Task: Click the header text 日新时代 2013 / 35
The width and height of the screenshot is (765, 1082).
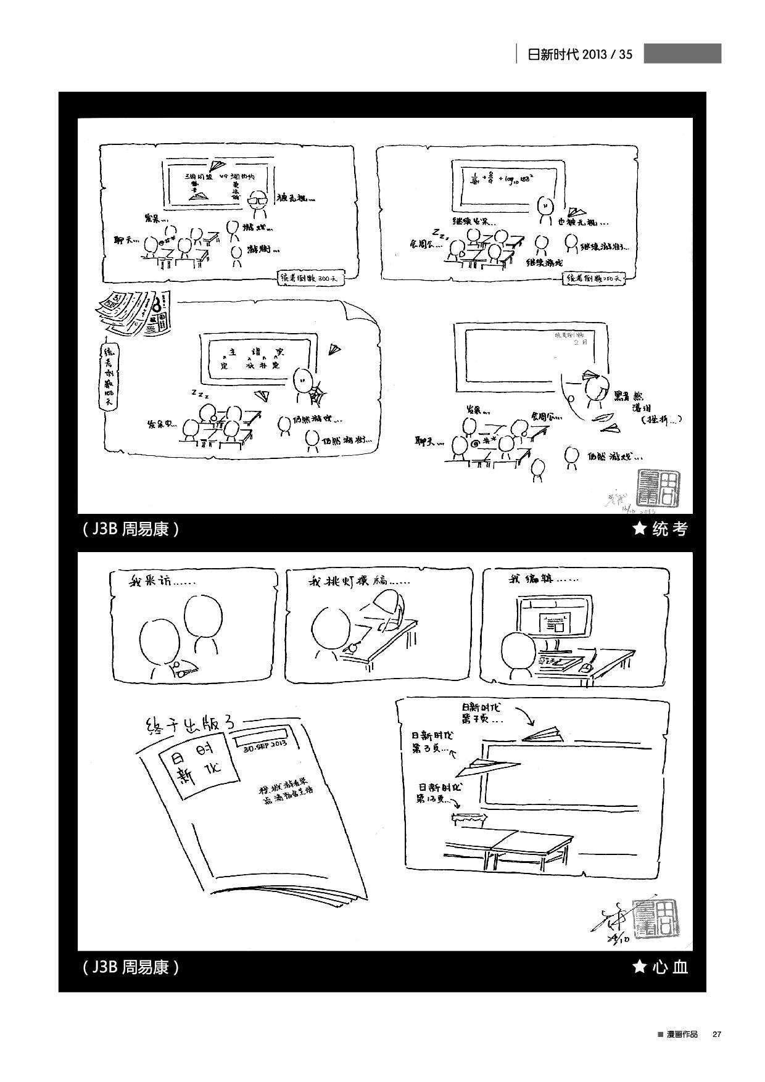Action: point(580,54)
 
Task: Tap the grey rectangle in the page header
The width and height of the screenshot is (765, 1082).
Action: point(682,54)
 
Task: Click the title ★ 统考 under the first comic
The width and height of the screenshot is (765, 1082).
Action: point(660,529)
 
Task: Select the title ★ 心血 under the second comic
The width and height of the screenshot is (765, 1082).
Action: point(660,966)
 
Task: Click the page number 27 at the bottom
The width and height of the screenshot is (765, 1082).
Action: point(716,1035)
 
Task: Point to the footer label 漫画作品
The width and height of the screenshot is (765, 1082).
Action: point(680,1035)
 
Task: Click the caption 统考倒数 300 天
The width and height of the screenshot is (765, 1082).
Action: point(310,278)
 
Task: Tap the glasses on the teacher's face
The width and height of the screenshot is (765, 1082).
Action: point(258,200)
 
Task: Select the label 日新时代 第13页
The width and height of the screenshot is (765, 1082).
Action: point(439,793)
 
